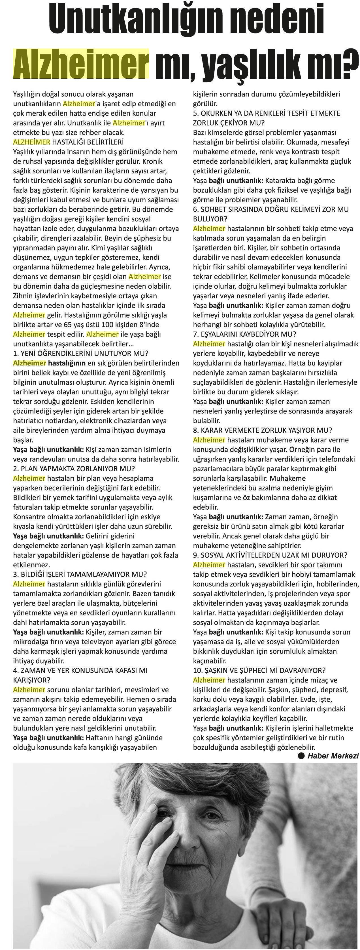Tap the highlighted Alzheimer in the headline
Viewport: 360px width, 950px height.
[81, 63]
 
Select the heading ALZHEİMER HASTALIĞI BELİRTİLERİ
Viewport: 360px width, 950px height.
[68, 142]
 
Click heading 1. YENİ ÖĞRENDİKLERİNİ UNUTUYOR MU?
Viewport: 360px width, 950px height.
[81, 353]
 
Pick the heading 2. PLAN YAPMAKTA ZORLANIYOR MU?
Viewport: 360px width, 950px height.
[74, 469]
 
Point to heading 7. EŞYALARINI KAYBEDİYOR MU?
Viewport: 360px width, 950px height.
[244, 334]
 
